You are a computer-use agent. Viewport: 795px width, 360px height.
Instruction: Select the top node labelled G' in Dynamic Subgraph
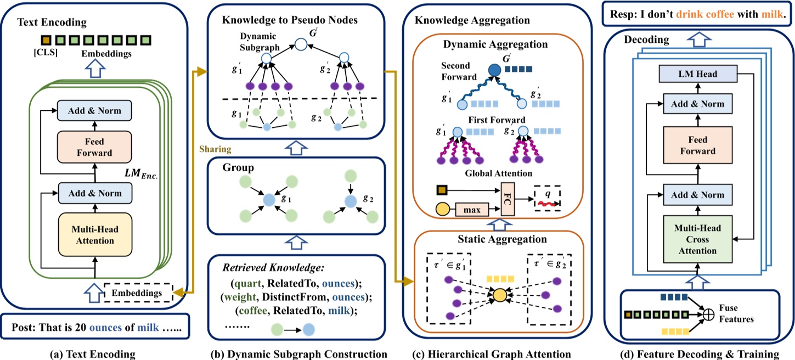(301, 44)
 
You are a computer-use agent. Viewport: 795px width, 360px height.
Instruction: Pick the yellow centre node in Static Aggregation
(499, 296)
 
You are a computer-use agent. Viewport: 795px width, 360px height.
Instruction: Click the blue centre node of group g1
(268, 200)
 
